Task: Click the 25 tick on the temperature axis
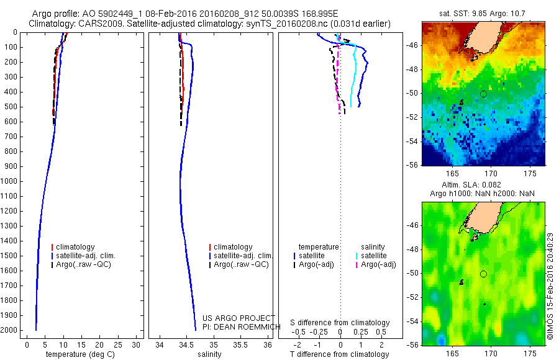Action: (x=119, y=344)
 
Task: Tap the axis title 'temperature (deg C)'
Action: (x=78, y=354)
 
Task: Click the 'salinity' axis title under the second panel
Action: (x=209, y=354)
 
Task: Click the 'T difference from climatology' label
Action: (x=339, y=354)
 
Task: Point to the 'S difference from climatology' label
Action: (x=340, y=323)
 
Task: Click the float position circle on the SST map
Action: (x=483, y=94)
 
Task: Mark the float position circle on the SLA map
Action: (x=483, y=274)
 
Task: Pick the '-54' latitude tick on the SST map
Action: (x=412, y=141)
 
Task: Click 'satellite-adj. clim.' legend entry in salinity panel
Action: (x=243, y=256)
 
